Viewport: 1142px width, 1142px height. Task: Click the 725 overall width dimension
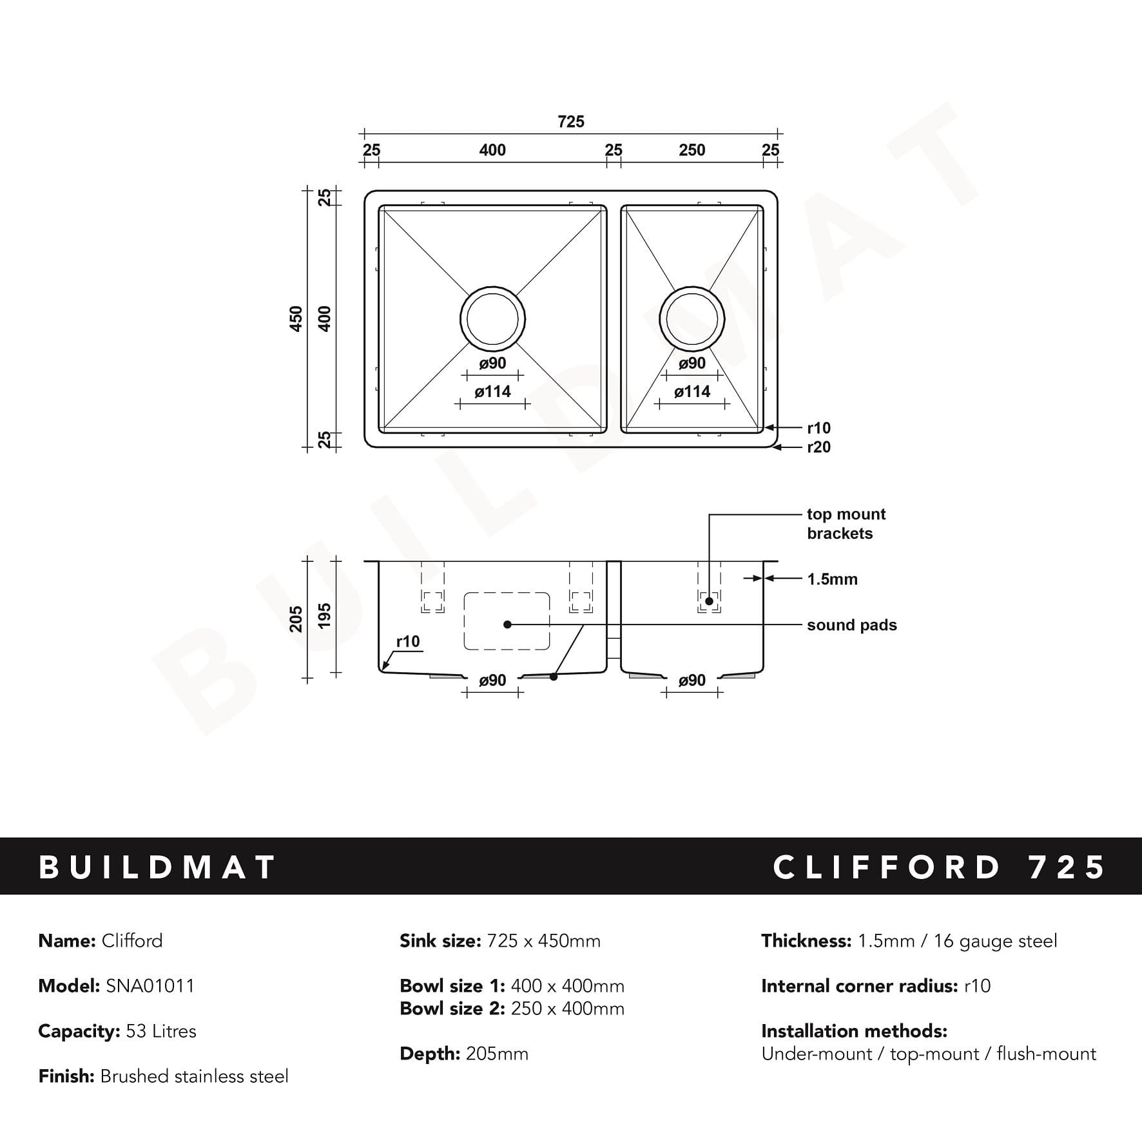570,122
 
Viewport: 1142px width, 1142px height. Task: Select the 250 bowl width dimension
692,150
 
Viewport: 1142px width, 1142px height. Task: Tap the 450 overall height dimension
296,319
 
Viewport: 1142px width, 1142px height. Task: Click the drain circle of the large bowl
492,318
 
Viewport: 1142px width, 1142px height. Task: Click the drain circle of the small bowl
692,318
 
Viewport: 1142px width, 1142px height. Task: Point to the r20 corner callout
818,447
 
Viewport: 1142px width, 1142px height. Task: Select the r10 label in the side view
407,641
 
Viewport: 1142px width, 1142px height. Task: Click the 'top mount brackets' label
846,524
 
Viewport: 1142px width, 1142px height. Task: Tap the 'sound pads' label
851,625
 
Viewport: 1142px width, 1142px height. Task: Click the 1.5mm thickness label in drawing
832,579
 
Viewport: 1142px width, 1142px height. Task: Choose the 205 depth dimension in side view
296,619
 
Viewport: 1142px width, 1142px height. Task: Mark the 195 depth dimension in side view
325,615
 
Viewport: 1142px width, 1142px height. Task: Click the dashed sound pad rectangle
507,621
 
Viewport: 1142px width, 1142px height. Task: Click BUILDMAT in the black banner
157,867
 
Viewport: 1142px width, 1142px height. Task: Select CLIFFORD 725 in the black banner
938,867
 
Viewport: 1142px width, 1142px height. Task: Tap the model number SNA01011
150,986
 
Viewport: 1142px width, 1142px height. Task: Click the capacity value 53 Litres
161,1031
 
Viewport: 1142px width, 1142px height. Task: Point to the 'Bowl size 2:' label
452,1009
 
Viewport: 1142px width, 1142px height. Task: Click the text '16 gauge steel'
995,941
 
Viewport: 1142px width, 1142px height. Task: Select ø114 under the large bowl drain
492,392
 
